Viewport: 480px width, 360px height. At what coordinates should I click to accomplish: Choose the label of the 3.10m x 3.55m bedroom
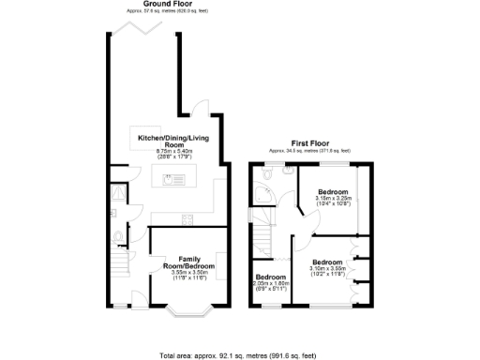(x=327, y=262)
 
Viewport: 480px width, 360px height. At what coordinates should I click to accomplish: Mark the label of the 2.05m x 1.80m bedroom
(x=271, y=277)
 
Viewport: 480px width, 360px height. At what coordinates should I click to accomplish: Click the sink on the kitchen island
(x=173, y=180)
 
